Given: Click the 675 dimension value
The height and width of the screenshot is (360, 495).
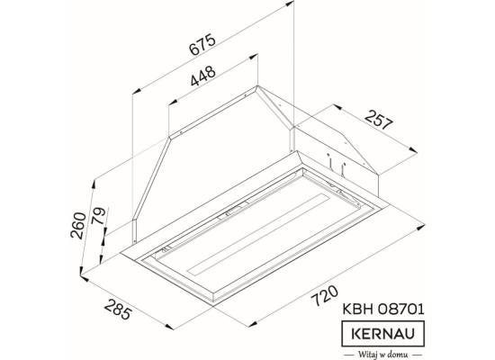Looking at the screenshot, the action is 202,44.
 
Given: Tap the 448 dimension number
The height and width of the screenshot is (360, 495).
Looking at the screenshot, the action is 203,76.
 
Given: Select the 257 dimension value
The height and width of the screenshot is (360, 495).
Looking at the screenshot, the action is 379,120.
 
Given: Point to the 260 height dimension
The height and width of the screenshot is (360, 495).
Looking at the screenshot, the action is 78,226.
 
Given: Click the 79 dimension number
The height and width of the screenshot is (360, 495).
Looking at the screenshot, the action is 98,216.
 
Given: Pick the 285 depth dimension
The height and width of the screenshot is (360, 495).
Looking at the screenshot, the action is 117,310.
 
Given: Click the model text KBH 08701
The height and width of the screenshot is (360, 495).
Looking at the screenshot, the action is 383,310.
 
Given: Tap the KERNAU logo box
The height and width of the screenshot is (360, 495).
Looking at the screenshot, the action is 382,334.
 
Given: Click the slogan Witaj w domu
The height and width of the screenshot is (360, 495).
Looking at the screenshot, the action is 382,355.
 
